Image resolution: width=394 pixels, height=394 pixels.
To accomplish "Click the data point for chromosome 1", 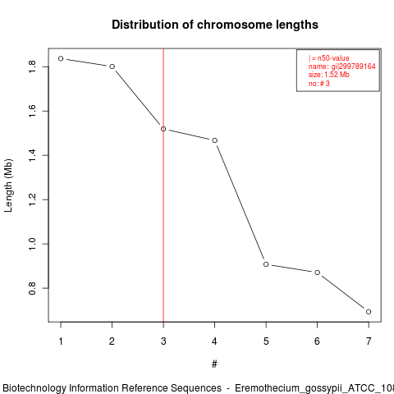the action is point(61,58).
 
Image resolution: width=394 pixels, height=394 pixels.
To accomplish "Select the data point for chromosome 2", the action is point(112,66).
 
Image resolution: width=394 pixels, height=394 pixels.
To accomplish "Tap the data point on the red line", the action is point(163,129).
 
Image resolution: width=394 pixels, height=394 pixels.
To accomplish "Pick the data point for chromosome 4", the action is point(215,140).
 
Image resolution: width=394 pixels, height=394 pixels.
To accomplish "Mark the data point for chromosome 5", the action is point(266,264).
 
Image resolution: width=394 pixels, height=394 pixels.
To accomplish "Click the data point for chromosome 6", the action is point(318,273).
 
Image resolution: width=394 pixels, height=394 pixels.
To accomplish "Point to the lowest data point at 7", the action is point(369,312).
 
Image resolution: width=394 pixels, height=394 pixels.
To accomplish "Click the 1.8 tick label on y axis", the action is point(32,66).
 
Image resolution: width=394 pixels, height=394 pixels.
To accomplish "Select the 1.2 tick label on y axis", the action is point(32,199).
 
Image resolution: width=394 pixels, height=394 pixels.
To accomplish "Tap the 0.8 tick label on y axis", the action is point(32,288).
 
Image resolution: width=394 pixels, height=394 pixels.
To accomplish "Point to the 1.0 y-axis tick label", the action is point(32,244).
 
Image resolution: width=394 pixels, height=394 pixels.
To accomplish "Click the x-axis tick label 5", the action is point(266,341).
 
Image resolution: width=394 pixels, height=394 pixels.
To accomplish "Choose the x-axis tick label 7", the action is point(369,341).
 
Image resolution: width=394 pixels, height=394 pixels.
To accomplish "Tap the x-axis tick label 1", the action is point(61,341).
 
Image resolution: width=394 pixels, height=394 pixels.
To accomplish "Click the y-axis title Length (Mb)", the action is point(8,186).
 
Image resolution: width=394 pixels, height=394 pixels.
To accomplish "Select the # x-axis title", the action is point(214,364).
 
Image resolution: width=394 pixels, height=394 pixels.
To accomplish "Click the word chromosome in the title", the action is point(235,25).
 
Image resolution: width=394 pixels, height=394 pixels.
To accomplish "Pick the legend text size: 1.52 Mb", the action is point(329,75).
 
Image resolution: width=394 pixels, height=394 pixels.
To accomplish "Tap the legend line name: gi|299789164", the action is point(342,66).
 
